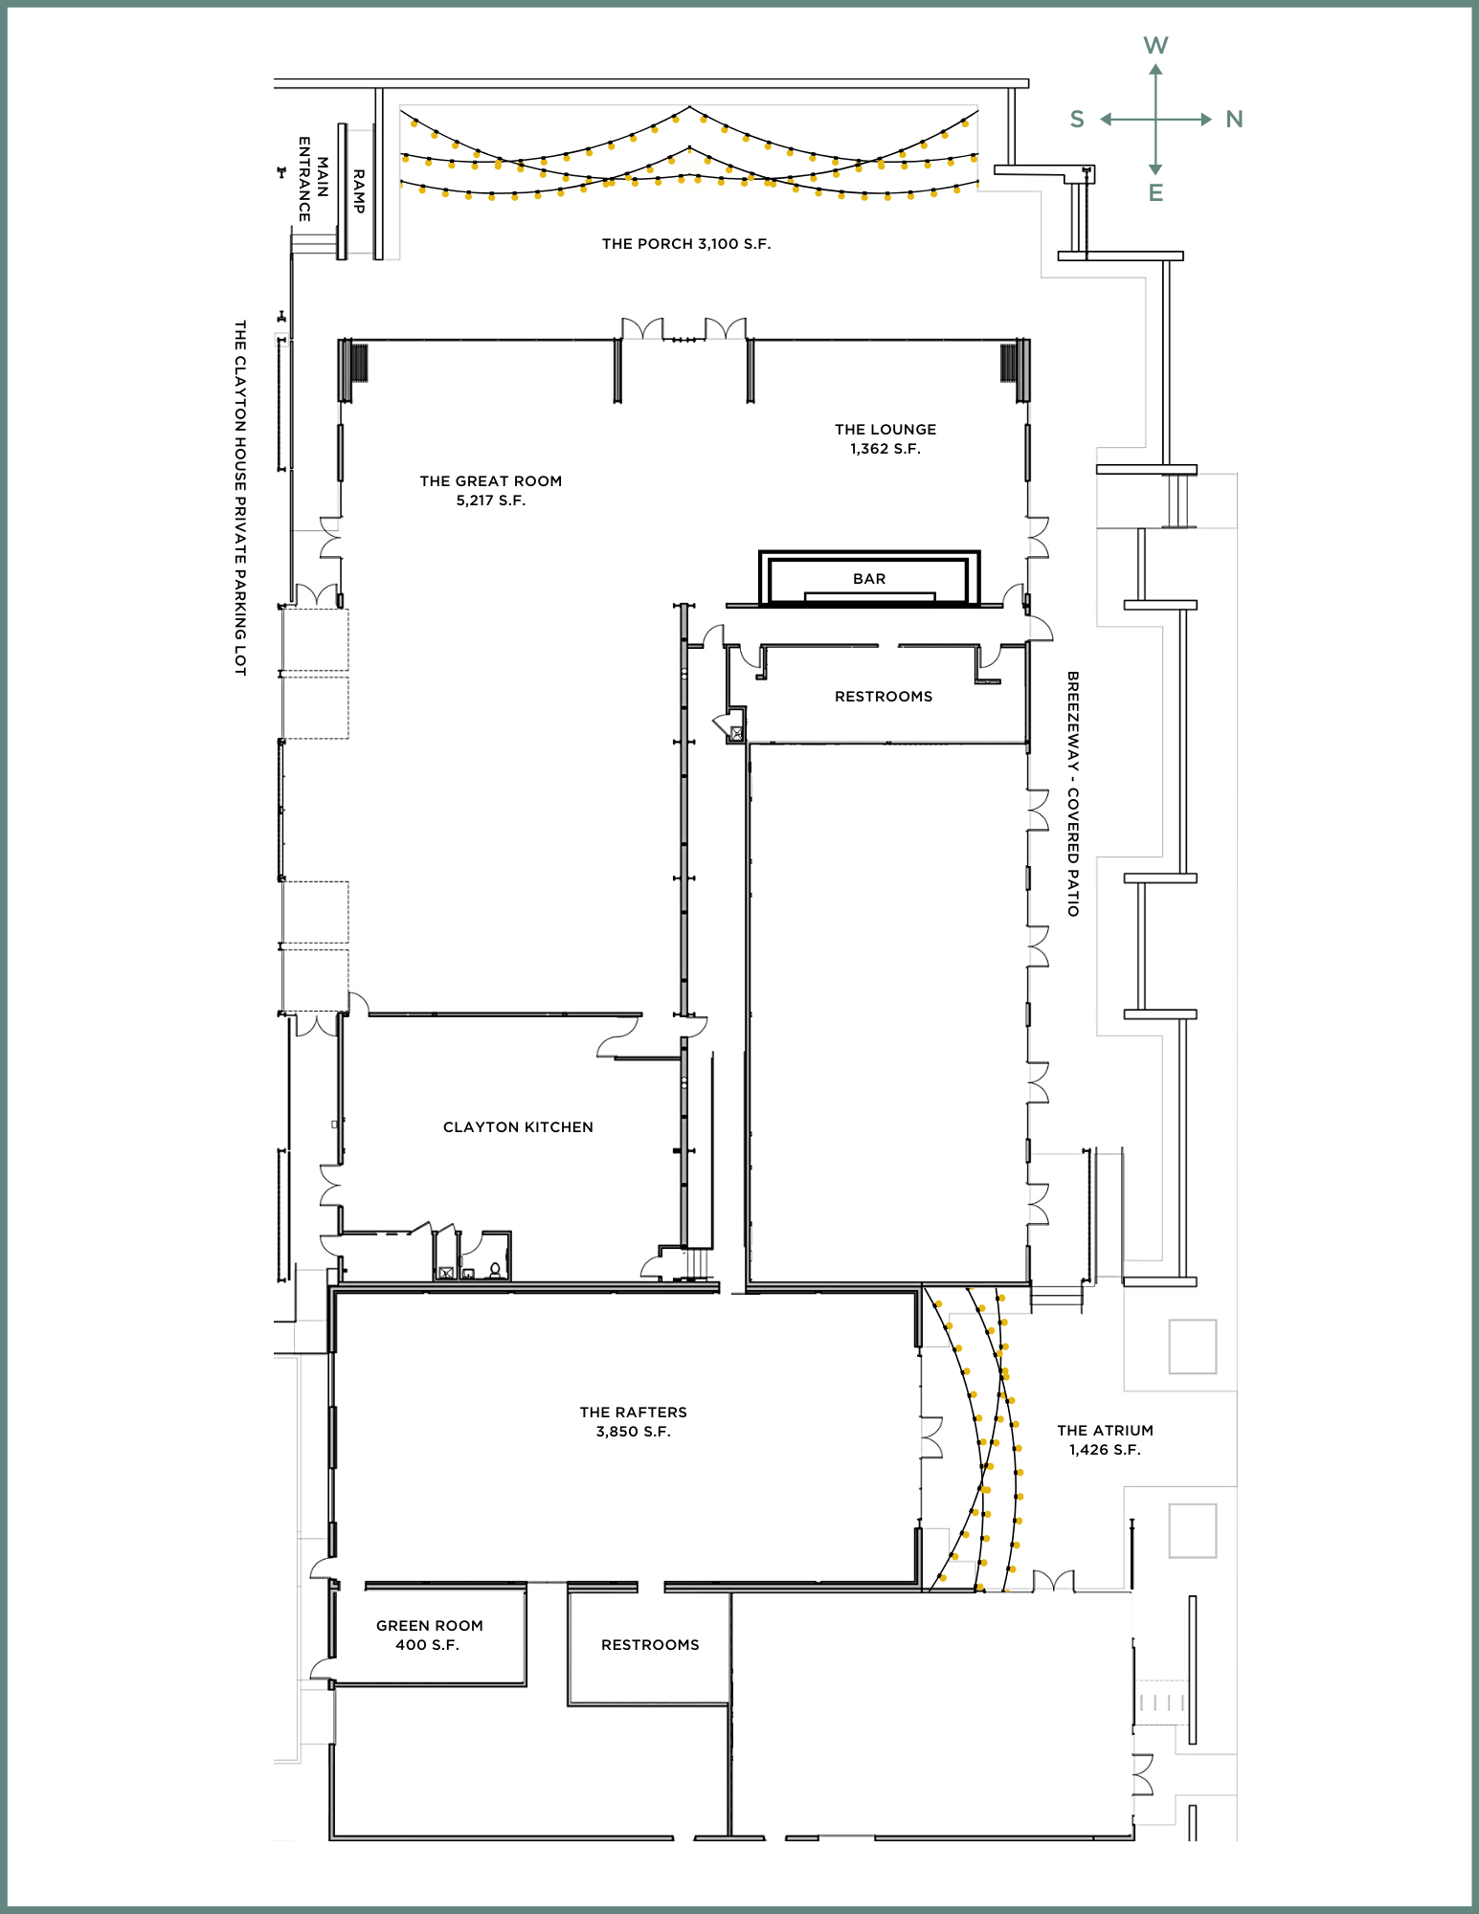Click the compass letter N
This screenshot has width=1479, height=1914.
click(1234, 120)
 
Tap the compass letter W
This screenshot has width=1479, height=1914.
click(1155, 45)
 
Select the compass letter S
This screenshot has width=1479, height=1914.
click(1077, 120)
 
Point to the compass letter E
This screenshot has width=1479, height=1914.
click(1155, 193)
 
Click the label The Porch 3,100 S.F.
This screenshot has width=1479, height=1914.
click(686, 244)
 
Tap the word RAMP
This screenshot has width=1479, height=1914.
click(359, 191)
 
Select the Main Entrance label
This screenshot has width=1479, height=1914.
click(313, 179)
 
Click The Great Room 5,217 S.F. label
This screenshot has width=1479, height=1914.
click(491, 491)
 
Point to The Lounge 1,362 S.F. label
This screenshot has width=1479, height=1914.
click(885, 439)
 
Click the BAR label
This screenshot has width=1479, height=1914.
click(869, 579)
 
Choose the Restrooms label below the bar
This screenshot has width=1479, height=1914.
click(884, 697)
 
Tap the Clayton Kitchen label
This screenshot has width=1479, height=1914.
click(518, 1127)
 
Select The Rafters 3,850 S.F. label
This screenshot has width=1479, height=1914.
click(634, 1422)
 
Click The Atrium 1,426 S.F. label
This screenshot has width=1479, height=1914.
click(1106, 1440)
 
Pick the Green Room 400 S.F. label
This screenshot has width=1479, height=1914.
click(430, 1636)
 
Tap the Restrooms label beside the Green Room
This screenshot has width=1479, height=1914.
click(650, 1645)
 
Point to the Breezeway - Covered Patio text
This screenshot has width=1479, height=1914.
click(1073, 793)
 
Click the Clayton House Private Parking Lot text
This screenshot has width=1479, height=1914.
click(240, 498)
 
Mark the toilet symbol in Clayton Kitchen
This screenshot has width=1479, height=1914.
click(495, 1270)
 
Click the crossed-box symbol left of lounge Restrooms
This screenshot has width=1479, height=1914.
click(736, 734)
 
